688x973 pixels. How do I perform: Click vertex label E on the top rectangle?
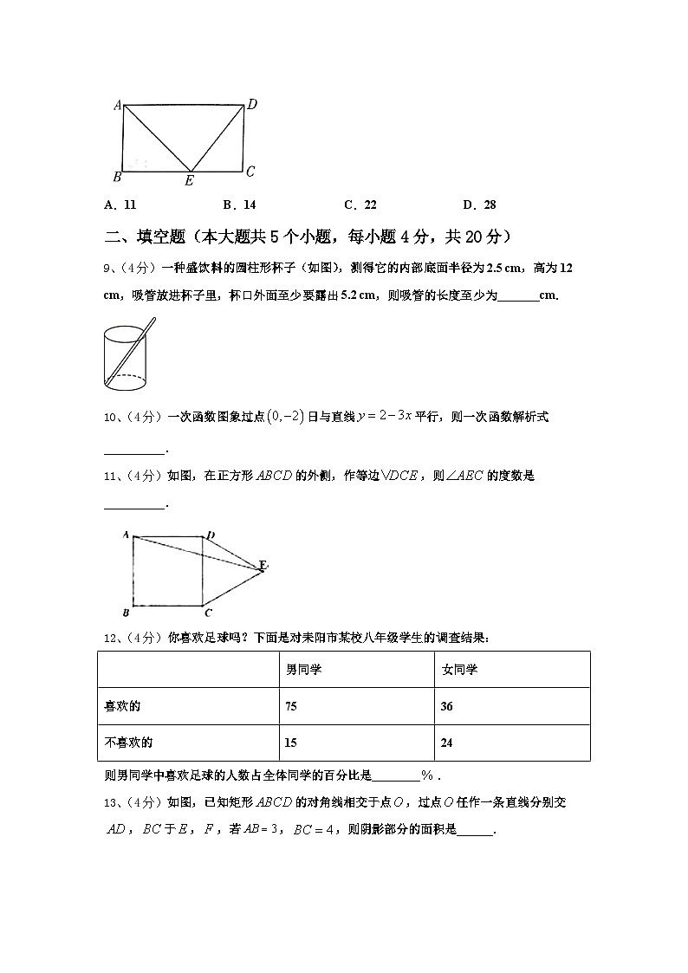pos(189,181)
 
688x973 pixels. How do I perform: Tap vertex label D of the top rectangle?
pos(252,104)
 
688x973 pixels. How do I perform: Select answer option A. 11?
pos(120,205)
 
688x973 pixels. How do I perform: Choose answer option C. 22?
pos(360,205)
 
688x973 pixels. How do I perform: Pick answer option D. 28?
pos(479,205)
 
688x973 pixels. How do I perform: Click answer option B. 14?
pos(239,205)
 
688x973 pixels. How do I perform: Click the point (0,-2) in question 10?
pos(286,417)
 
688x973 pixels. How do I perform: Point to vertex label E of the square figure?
pos(263,566)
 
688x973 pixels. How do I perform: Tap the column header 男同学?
pos(304,670)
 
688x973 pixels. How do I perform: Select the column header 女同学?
pos(459,670)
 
